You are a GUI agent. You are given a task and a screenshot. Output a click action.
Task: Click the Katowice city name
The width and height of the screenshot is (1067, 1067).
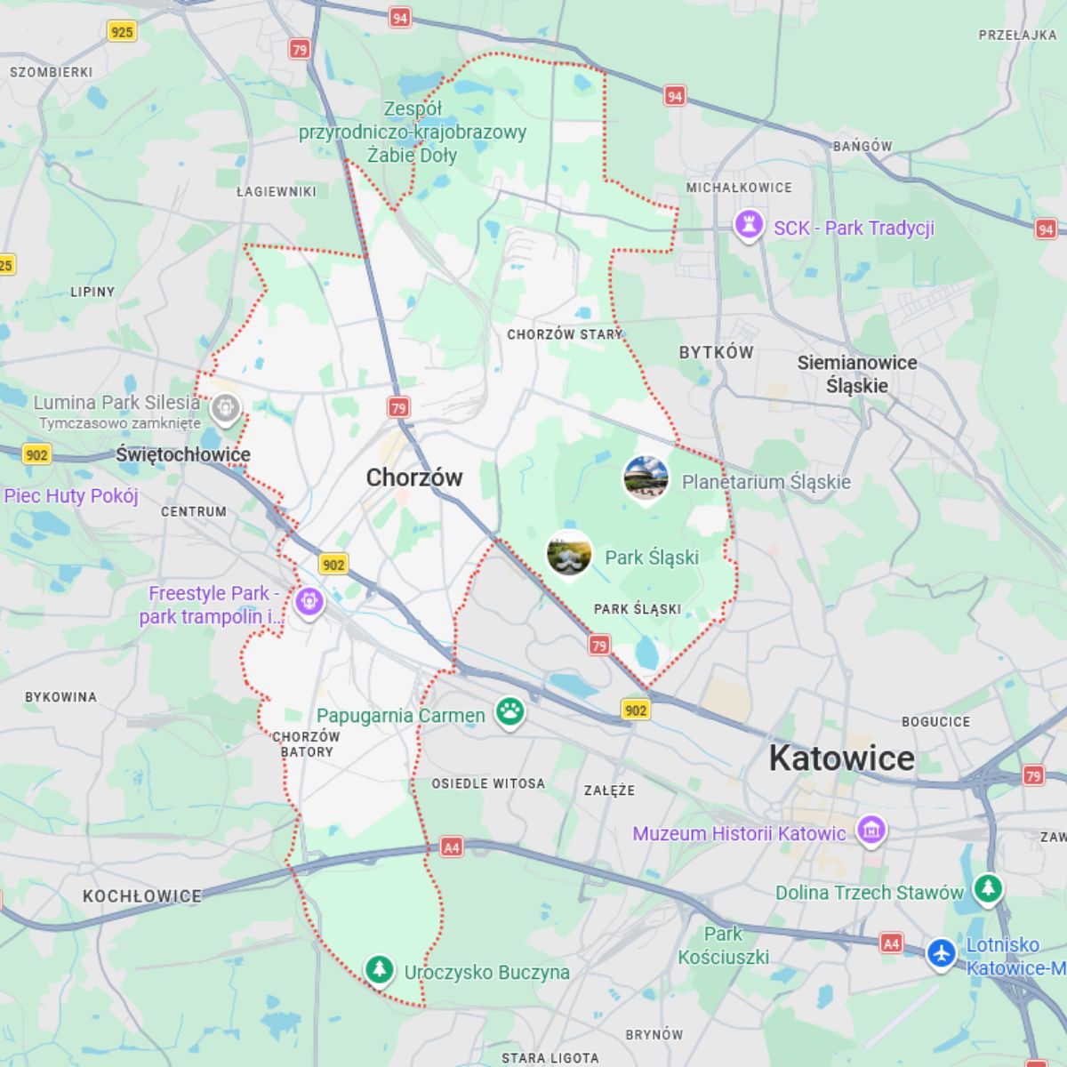tap(841, 758)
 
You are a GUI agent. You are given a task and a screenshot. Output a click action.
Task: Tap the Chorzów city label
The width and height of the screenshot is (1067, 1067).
tap(414, 477)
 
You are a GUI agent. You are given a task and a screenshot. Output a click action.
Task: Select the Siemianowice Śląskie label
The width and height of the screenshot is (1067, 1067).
tap(856, 374)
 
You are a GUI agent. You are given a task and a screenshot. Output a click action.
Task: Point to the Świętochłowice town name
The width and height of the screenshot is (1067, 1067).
tap(183, 455)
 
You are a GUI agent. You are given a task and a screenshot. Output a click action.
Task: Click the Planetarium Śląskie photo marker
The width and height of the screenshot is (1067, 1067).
tap(646, 478)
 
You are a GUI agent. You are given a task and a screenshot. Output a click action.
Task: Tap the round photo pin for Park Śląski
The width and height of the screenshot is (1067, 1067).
tap(569, 554)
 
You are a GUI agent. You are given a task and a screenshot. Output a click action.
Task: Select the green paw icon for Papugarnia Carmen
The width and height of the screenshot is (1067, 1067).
tap(509, 711)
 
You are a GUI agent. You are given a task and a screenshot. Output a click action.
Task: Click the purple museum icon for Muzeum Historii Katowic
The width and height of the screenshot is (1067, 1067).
tap(870, 830)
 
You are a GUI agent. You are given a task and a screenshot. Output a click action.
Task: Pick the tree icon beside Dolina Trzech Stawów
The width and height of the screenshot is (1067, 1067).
tap(987, 888)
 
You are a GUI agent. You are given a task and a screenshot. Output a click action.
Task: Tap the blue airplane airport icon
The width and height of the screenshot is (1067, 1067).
tap(941, 953)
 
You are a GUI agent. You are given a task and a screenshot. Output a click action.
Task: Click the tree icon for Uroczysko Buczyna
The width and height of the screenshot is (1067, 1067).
tap(380, 969)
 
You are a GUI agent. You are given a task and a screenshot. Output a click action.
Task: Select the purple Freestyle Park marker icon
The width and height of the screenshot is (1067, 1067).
tap(309, 601)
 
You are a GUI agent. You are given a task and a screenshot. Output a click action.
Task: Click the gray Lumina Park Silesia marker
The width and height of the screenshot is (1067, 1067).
tap(226, 408)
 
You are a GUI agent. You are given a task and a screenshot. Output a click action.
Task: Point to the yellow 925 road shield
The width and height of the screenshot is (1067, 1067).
tap(122, 32)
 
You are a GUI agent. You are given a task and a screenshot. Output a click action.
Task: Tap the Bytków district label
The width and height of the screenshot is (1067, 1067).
tap(716, 352)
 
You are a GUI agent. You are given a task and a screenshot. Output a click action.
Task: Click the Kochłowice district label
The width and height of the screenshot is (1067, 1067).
tap(142, 896)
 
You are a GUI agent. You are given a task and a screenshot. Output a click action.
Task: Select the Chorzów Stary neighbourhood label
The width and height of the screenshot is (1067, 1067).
tap(565, 334)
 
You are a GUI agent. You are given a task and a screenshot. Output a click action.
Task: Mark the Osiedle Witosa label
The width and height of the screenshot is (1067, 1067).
tap(488, 783)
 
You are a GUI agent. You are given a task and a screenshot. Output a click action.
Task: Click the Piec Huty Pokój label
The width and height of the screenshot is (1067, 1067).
tap(71, 496)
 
